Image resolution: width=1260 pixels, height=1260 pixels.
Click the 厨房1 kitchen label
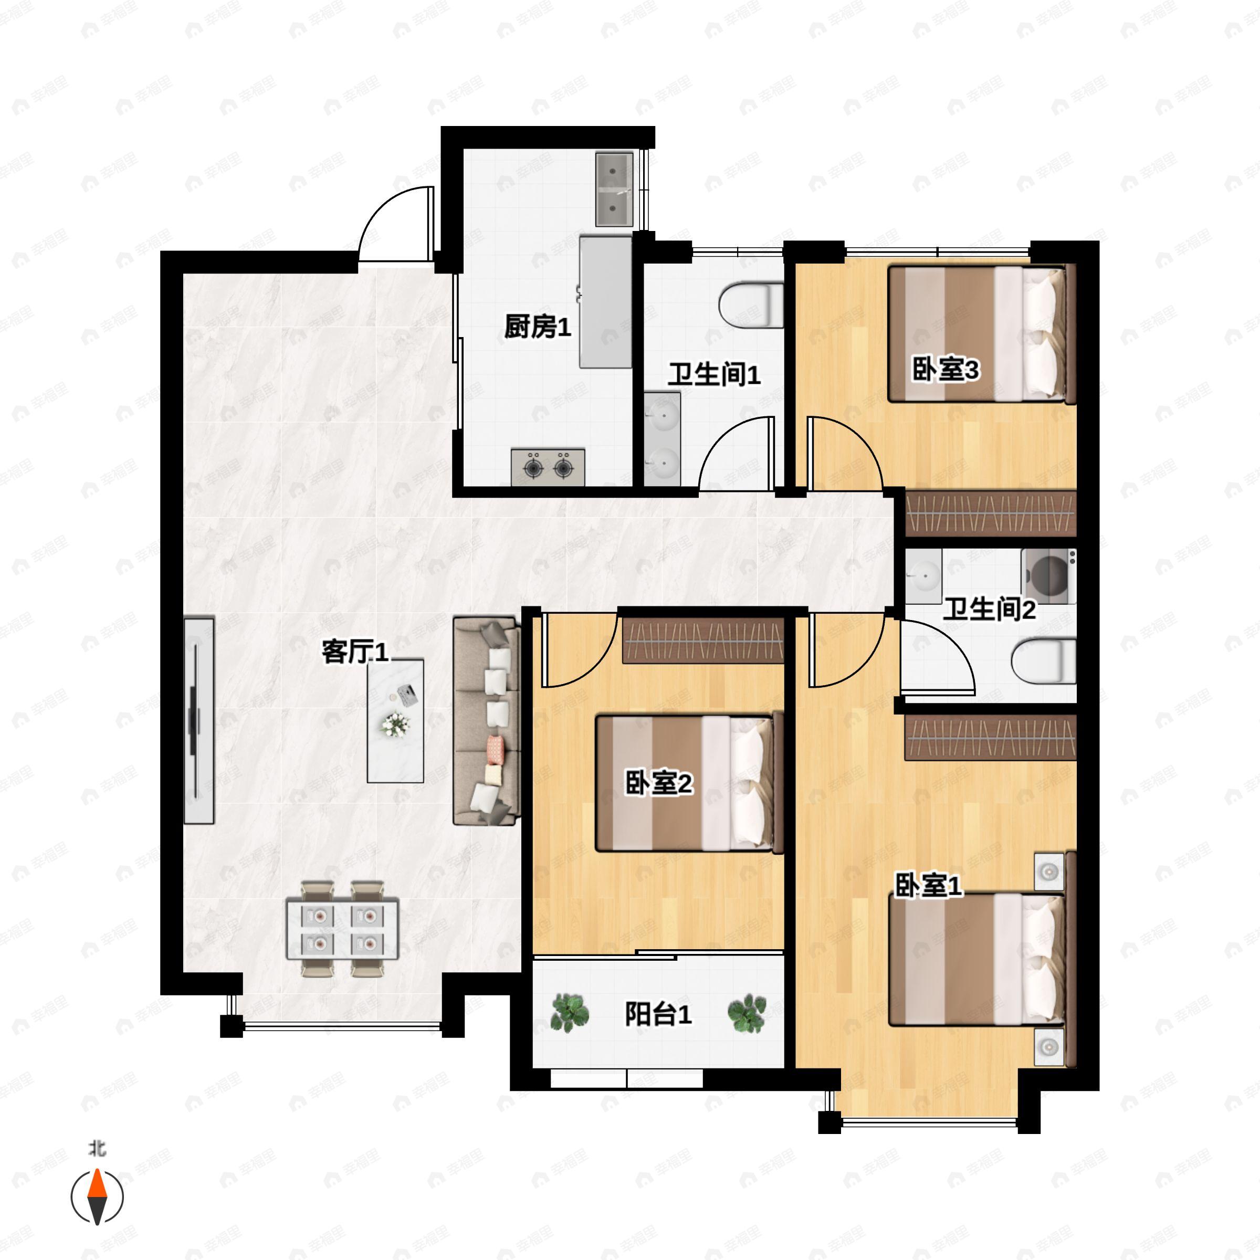pyautogui.click(x=538, y=327)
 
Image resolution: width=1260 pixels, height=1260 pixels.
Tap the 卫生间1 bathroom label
pyautogui.click(x=714, y=375)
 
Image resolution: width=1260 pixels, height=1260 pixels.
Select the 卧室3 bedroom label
pyautogui.click(x=945, y=371)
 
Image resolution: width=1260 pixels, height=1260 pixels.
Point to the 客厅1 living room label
pyautogui.click(x=355, y=652)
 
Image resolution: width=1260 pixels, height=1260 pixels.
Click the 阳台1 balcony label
pyautogui.click(x=658, y=1015)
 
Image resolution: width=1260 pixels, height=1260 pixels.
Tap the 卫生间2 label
pyautogui.click(x=989, y=610)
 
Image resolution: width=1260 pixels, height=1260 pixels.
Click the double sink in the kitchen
pyautogui.click(x=614, y=189)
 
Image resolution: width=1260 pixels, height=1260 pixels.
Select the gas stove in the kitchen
pyautogui.click(x=548, y=467)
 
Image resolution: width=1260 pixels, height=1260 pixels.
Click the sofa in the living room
pyautogui.click(x=487, y=722)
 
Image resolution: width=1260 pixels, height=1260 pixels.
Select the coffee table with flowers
pyautogui.click(x=395, y=721)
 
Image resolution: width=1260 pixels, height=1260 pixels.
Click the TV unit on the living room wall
pyautogui.click(x=199, y=721)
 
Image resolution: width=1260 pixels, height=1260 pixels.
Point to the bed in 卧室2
pyautogui.click(x=689, y=783)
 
